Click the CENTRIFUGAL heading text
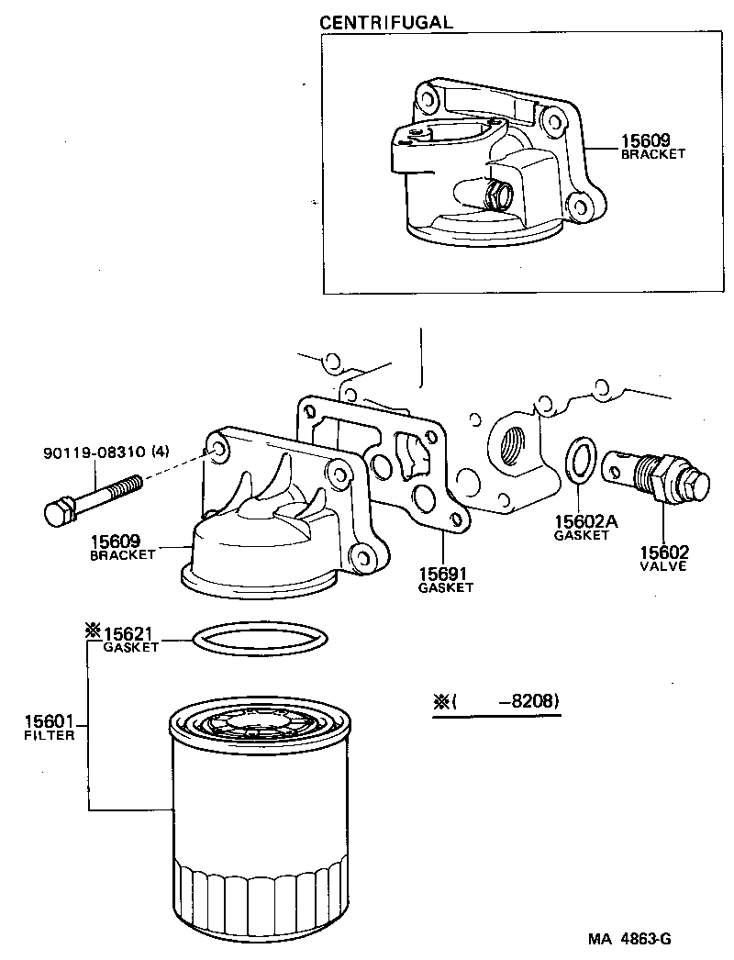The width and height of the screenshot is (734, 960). click(385, 22)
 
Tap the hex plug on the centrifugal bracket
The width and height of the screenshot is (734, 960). click(498, 195)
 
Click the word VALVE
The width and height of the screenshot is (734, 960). click(663, 566)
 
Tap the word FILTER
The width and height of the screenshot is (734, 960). click(49, 735)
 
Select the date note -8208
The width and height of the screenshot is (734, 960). click(528, 702)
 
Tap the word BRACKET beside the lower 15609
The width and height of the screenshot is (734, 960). click(122, 555)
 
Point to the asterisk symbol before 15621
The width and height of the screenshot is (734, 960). click(92, 631)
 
